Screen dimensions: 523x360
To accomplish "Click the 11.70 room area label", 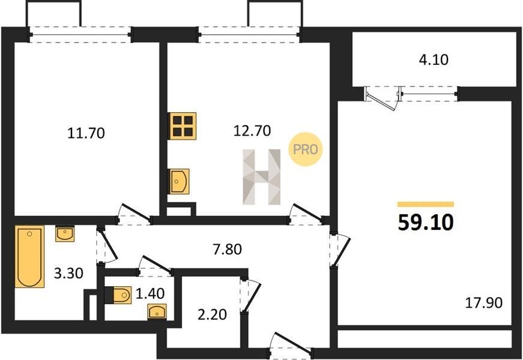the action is click(86, 133).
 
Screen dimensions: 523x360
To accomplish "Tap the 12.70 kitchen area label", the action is click(252, 131).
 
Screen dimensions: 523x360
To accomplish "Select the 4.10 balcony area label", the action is click(434, 59).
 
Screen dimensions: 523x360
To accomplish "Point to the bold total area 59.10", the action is click(426, 223).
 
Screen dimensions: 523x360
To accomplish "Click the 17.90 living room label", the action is click(483, 303).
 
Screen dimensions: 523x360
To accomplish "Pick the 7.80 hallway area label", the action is click(228, 249).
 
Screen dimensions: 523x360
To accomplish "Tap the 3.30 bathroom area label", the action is click(68, 274).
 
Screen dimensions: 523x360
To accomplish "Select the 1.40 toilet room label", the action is click(150, 293).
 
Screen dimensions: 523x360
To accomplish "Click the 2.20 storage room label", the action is click(212, 314).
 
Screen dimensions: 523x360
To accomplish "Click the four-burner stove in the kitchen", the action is click(183, 126).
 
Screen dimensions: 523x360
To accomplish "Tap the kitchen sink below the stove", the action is click(180, 181).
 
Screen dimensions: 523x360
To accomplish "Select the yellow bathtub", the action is click(29, 256).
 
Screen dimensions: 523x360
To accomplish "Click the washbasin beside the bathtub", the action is click(65, 233).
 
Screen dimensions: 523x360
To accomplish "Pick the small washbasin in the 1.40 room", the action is click(157, 312).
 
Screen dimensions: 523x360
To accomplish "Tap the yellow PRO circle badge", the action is click(305, 149).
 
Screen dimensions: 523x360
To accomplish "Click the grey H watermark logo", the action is click(262, 176).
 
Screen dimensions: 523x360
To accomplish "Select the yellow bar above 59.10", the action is click(426, 205).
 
